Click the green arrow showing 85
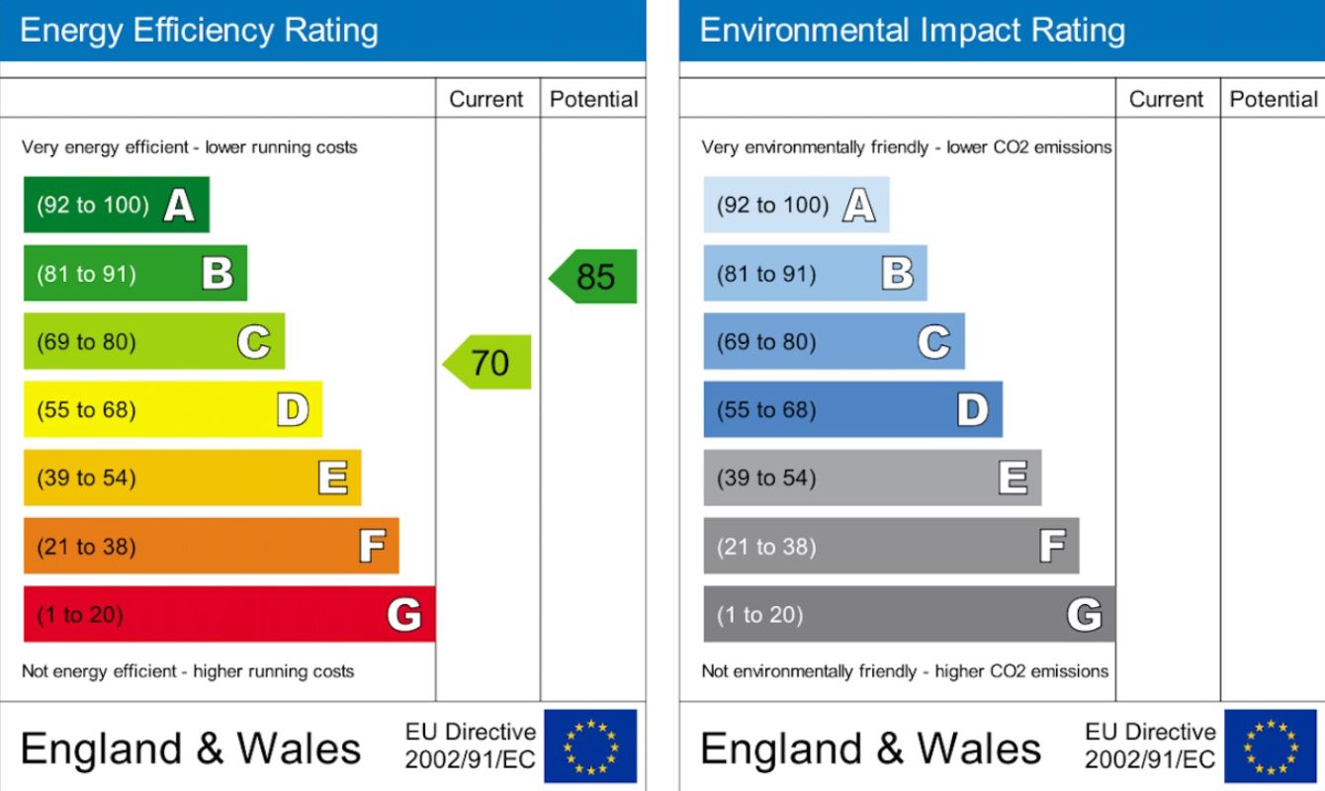[x=594, y=276]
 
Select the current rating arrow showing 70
[x=488, y=362]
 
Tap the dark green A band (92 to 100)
[x=116, y=205]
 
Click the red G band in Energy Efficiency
[x=228, y=614]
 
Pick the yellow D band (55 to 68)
[x=172, y=409]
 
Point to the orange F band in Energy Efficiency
[x=211, y=546]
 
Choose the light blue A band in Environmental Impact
[x=795, y=205]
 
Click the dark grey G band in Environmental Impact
[x=908, y=614]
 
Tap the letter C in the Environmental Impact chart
[x=933, y=342]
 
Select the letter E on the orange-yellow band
[x=333, y=479]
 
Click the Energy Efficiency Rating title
[x=199, y=31]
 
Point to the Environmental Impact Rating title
[x=912, y=31]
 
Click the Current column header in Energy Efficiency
[x=486, y=99]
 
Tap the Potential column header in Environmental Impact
[x=1273, y=99]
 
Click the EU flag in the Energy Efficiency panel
[x=590, y=747]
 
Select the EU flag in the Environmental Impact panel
[x=1271, y=747]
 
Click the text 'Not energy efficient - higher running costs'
[x=188, y=671]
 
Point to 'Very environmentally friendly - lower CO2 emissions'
[x=906, y=147]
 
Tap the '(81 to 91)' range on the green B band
[x=86, y=274]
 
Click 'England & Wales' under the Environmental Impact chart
[x=870, y=748]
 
